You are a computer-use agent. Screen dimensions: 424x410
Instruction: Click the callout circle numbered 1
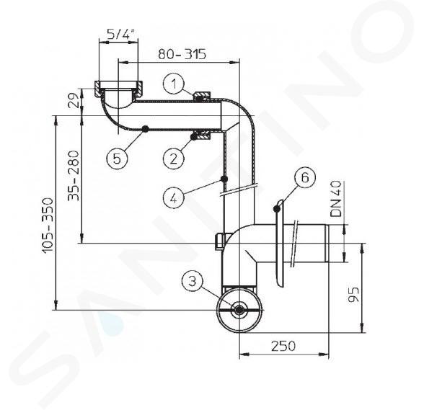point(174,84)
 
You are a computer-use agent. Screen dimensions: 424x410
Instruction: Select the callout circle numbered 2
point(174,159)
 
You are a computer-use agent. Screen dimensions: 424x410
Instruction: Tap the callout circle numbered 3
point(193,281)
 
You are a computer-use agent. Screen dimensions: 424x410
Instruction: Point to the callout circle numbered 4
point(174,198)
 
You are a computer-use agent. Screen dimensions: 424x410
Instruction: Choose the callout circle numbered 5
point(117,159)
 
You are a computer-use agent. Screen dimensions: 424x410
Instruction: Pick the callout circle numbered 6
point(305,177)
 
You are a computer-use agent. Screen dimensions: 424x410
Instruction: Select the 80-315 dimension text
point(182,54)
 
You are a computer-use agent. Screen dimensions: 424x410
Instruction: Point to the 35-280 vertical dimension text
point(74,175)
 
